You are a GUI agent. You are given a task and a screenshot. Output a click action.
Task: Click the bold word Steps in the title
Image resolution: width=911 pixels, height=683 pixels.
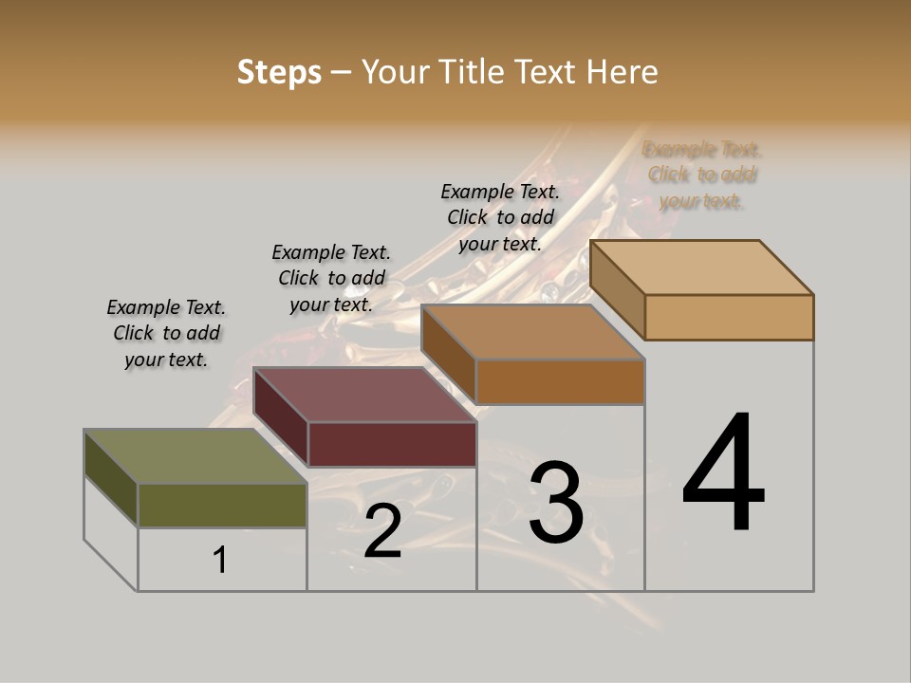coord(279,72)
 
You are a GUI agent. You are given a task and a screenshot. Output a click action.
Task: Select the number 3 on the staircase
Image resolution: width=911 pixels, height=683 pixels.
coord(555,504)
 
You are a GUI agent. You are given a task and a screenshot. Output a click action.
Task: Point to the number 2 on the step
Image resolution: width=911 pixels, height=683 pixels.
coord(382,532)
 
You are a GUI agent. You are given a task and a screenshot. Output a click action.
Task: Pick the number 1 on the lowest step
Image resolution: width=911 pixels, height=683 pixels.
coord(220,561)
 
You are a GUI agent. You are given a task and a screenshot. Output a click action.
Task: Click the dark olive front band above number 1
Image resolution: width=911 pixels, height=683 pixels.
coord(222,506)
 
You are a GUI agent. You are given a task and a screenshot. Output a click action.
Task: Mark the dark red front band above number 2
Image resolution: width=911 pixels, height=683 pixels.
coord(391,444)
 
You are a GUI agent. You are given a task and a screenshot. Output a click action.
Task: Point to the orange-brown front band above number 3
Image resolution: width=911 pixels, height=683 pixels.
coord(560,381)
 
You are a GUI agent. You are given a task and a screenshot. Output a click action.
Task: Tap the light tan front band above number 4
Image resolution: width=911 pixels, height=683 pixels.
coord(729,317)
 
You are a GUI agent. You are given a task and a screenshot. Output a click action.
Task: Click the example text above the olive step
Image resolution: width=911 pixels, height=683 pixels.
coord(166,334)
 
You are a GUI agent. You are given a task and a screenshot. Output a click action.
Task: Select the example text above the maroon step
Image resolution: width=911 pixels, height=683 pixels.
coord(331,278)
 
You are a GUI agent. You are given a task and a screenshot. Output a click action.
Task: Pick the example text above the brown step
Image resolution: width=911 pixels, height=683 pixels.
coord(500,217)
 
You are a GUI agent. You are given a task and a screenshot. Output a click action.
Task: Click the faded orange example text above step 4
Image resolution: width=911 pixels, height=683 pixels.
coord(702,175)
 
